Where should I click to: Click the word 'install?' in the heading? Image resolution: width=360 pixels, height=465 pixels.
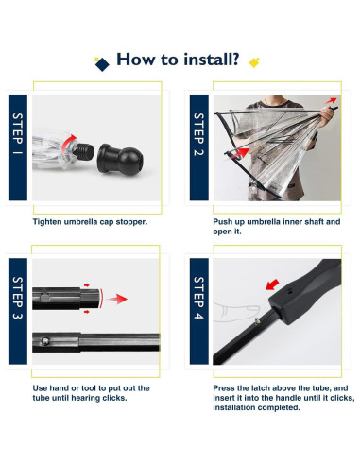point(212,60)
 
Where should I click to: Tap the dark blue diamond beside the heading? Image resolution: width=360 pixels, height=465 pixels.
point(102,64)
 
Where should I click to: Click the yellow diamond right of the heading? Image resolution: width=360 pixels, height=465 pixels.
point(254,62)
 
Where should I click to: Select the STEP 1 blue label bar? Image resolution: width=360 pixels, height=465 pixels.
point(18,147)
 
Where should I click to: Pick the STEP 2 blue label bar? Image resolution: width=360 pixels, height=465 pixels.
point(198,147)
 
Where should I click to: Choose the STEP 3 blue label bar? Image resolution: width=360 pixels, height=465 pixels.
point(18,311)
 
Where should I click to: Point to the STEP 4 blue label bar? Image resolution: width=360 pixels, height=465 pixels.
point(198,311)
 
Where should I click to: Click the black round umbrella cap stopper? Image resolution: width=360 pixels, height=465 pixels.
point(120,160)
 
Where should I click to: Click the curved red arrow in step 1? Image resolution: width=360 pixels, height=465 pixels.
point(67,144)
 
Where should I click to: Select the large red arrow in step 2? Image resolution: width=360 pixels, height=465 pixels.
point(240,153)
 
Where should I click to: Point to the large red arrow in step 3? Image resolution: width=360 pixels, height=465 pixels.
point(116,299)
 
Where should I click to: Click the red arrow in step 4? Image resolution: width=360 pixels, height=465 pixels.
point(272,284)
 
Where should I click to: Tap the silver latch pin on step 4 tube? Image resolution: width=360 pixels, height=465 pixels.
point(258,320)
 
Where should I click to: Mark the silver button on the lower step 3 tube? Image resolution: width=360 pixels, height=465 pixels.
point(46,341)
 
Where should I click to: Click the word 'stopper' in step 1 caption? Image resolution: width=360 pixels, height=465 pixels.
point(131,222)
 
